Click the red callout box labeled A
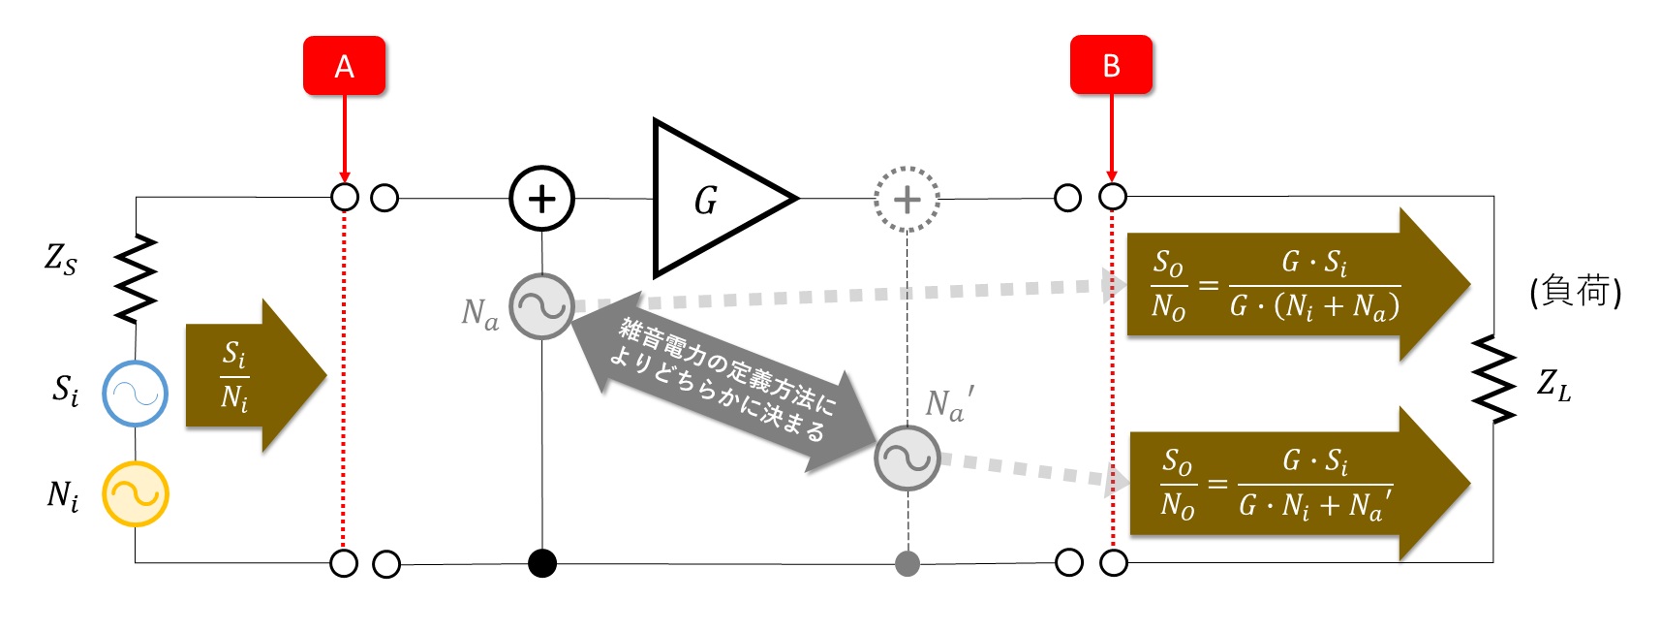point(344,66)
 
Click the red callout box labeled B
point(1111,65)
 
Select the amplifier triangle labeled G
point(678,198)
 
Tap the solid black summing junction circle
point(542,198)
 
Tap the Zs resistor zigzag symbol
point(136,278)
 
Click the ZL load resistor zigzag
point(1492,379)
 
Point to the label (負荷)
point(1576,291)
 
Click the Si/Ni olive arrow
point(257,376)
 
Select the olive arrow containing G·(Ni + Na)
point(1299,285)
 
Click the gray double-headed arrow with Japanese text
point(724,382)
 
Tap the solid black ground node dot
point(542,563)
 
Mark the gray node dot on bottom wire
point(907,563)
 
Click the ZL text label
point(1553,385)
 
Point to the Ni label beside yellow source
point(63,496)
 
